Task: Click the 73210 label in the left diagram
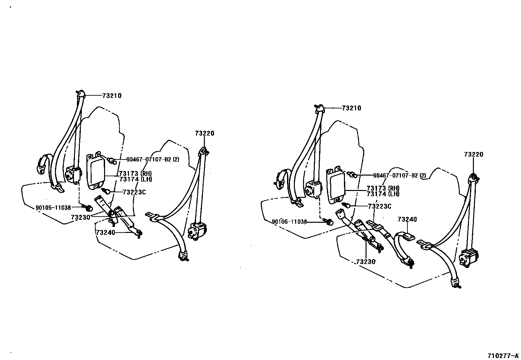click(112, 96)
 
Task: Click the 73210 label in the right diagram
click(351, 108)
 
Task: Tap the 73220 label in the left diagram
click(205, 133)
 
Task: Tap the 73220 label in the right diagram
click(473, 155)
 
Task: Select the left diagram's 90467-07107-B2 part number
click(153, 160)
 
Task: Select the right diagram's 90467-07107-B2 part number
click(395, 176)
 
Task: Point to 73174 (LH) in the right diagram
click(383, 194)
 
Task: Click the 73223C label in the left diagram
click(134, 192)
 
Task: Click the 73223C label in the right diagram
click(380, 206)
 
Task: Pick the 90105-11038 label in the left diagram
click(53, 207)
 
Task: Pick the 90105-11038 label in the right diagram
click(289, 222)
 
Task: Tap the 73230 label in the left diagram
click(81, 217)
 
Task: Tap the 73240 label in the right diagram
click(407, 219)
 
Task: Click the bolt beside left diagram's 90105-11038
click(88, 207)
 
